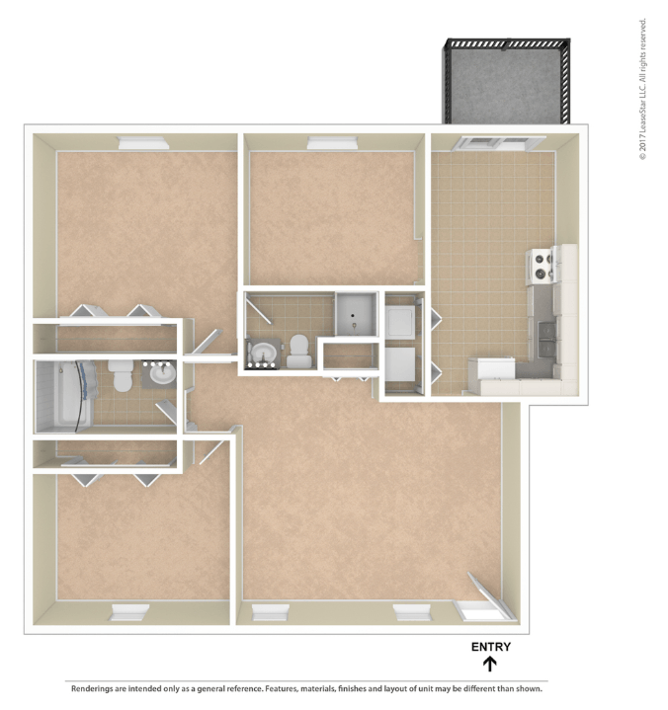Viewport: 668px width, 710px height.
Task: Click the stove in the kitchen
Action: pyautogui.click(x=542, y=264)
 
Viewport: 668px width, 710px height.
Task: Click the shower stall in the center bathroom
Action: pyautogui.click(x=356, y=314)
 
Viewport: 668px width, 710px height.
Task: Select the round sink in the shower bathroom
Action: pyautogui.click(x=264, y=354)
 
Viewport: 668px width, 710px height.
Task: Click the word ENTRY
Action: pyautogui.click(x=490, y=647)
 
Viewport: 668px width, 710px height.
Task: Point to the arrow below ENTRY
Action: pyautogui.click(x=490, y=665)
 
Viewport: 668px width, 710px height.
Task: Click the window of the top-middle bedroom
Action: pyautogui.click(x=328, y=143)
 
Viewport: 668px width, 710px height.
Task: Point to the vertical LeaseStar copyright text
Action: pyautogui.click(x=642, y=89)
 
